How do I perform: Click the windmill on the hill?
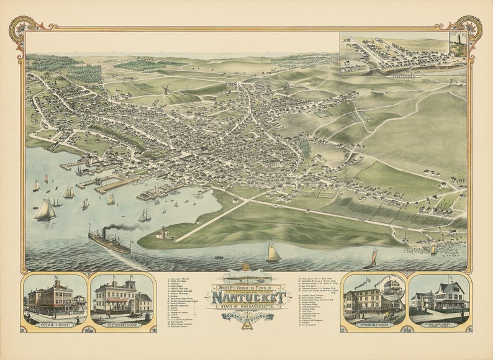tap(166, 90)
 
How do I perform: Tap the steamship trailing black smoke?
tap(109, 241)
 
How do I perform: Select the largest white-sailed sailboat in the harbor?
tap(45, 210)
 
